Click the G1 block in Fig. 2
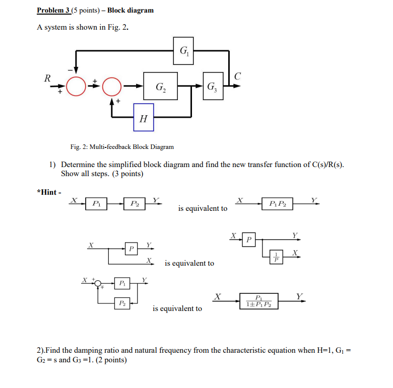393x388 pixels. (x=182, y=50)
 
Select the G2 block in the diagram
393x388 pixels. (x=160, y=86)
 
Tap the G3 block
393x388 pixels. (x=213, y=86)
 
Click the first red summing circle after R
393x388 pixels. (x=76, y=86)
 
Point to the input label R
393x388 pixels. (x=47, y=78)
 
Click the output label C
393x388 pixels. (x=238, y=76)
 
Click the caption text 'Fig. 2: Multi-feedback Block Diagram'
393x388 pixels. (x=122, y=147)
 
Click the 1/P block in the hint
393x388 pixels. (x=276, y=257)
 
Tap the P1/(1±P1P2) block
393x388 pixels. (x=259, y=301)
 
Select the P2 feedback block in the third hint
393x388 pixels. (x=122, y=303)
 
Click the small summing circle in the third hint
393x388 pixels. (x=98, y=283)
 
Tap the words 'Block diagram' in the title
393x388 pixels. (x=130, y=10)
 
